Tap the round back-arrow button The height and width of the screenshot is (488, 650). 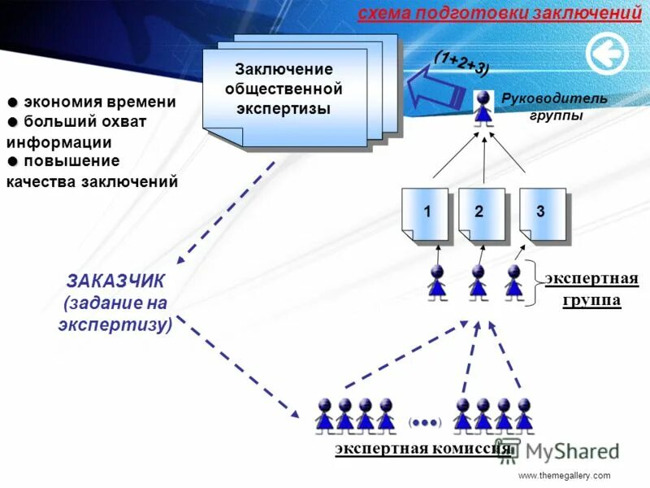click(607, 54)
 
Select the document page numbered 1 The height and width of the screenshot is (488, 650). click(425, 214)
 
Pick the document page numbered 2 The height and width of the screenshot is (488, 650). click(480, 214)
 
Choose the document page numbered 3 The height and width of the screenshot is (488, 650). click(541, 214)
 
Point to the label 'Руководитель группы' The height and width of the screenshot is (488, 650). click(543, 107)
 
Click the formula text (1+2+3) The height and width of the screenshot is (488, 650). click(461, 62)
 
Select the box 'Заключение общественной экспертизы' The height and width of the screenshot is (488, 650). click(284, 89)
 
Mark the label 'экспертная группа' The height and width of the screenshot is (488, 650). click(591, 290)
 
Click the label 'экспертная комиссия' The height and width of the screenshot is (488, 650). click(422, 448)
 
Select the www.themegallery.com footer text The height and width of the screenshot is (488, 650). click(563, 475)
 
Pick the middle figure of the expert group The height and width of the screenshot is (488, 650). click(479, 282)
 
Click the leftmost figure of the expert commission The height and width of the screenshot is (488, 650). click(325, 415)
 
